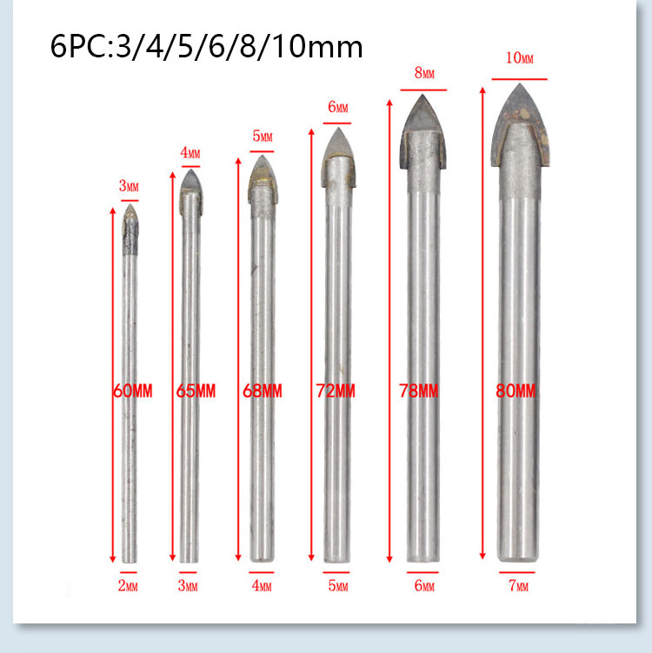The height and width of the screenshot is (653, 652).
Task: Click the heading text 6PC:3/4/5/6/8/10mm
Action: tap(207, 47)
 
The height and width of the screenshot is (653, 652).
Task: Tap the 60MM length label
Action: tap(133, 391)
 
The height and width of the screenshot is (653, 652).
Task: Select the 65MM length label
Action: tap(196, 391)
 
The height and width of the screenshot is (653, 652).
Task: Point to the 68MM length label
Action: tap(263, 391)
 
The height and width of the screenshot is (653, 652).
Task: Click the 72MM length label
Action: tap(336, 391)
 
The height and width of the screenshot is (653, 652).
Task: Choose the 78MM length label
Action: tap(418, 391)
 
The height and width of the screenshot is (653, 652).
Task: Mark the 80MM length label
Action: tap(516, 391)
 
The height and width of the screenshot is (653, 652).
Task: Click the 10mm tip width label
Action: tap(519, 58)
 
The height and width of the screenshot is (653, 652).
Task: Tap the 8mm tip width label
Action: tap(424, 73)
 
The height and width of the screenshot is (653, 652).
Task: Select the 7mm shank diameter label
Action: tap(518, 585)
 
